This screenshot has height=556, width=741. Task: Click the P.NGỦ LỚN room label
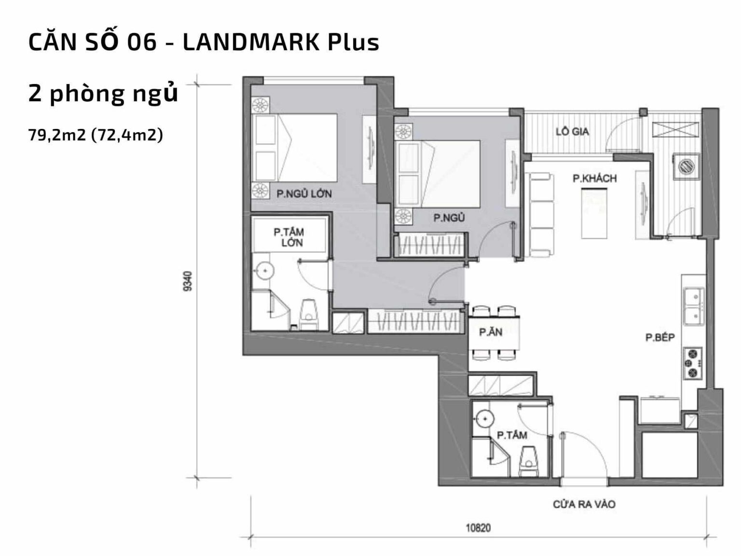click(304, 194)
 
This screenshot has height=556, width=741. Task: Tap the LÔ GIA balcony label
click(572, 131)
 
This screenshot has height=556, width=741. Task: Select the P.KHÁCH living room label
click(594, 179)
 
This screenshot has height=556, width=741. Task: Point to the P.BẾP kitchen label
click(660, 337)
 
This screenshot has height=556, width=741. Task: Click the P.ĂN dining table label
click(490, 332)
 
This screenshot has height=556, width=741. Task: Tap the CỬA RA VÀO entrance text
click(584, 504)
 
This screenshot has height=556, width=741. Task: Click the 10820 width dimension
click(478, 528)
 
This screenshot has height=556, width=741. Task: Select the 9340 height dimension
click(188, 281)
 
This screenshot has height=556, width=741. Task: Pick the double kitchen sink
click(694, 306)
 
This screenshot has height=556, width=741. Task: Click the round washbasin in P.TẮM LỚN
click(264, 271)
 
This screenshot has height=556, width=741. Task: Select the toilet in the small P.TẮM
click(530, 459)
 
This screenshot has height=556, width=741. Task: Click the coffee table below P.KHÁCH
click(594, 212)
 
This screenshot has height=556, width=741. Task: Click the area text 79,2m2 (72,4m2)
click(96, 135)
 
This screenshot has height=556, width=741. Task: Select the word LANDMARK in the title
click(251, 42)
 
